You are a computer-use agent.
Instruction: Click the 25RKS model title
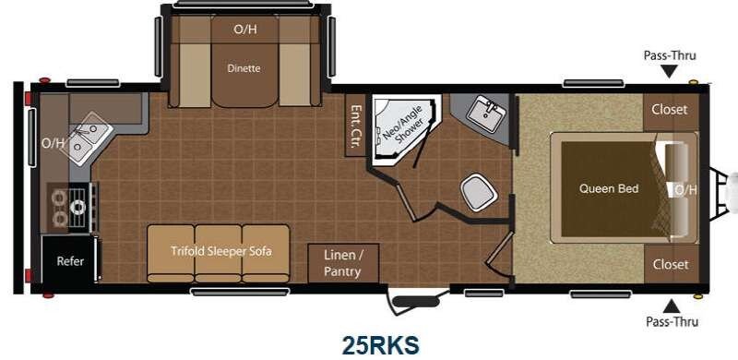pos(380,345)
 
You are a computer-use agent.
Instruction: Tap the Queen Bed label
pos(609,189)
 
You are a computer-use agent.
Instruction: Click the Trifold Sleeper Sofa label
pos(221,251)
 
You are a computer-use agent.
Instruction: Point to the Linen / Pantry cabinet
pos(343,263)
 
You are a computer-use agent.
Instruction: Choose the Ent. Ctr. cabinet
pos(355,126)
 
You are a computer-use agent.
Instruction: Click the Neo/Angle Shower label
pos(402,124)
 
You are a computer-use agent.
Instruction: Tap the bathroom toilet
pos(479,192)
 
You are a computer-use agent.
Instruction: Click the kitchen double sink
pos(89,138)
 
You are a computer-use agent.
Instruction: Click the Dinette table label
pos(244,69)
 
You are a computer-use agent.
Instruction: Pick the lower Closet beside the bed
pos(671,264)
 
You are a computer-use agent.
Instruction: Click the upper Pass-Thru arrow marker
pos(670,72)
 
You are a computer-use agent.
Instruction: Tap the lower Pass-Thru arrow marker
pos(671,306)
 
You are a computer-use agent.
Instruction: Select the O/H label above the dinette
pos(245,30)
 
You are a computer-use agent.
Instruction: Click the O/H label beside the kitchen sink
pos(53,143)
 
